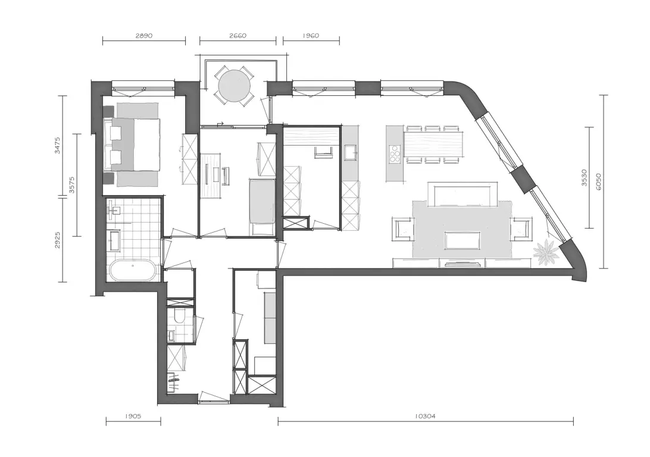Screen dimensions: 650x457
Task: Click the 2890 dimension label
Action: click(144, 36)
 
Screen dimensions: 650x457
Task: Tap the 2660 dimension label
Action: click(237, 36)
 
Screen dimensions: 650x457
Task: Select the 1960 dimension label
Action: click(311, 36)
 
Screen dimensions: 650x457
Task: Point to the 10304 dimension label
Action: click(425, 417)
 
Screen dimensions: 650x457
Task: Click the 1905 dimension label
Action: click(133, 417)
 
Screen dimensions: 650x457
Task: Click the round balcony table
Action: click(234, 86)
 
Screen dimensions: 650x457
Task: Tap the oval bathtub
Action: click(133, 271)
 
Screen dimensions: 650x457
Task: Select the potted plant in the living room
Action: click(545, 252)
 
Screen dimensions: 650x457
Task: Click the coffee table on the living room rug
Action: click(462, 240)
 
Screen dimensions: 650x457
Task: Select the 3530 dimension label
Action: click(584, 177)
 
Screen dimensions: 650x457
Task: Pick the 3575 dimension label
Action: click(71, 185)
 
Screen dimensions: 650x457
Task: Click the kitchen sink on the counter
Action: click(351, 152)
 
